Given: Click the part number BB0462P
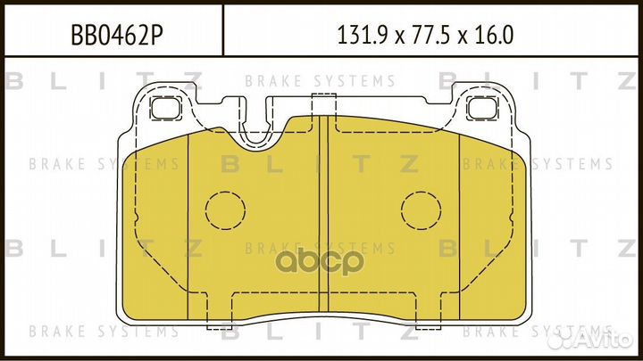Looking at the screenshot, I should point(115,36).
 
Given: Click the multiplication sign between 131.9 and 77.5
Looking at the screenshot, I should point(394,37).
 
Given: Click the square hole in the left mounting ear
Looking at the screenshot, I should point(163,110).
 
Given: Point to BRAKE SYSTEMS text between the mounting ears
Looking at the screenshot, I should point(320,81).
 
